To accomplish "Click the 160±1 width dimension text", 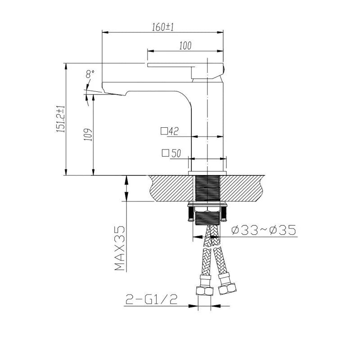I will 162,27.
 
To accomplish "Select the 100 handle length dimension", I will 185,45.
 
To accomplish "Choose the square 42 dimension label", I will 170,131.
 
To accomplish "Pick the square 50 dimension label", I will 171,153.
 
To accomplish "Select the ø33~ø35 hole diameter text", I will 264,231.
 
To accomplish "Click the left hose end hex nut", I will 205,291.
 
